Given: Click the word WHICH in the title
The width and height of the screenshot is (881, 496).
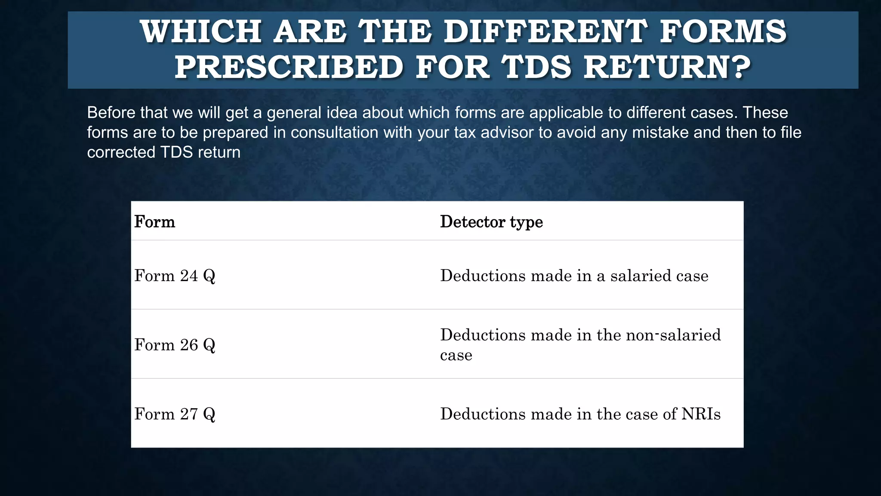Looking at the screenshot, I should coord(200,32).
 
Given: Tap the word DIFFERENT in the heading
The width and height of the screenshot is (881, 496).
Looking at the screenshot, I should coord(545,32).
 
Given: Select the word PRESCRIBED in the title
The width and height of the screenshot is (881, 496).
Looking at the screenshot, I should coord(289,68).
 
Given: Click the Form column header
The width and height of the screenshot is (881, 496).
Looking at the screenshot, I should coord(155,222).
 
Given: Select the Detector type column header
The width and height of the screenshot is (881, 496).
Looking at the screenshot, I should coord(491,222).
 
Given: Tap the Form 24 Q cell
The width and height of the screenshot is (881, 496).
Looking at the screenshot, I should coord(175,276).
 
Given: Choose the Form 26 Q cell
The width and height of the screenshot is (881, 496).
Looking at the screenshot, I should coord(175,345).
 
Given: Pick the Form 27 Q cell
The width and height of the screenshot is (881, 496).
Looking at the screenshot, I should coord(175,414).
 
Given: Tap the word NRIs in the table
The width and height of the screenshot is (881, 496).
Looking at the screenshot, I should coord(701,414).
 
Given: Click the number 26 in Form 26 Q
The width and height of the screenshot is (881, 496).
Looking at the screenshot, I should coord(189,345).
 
